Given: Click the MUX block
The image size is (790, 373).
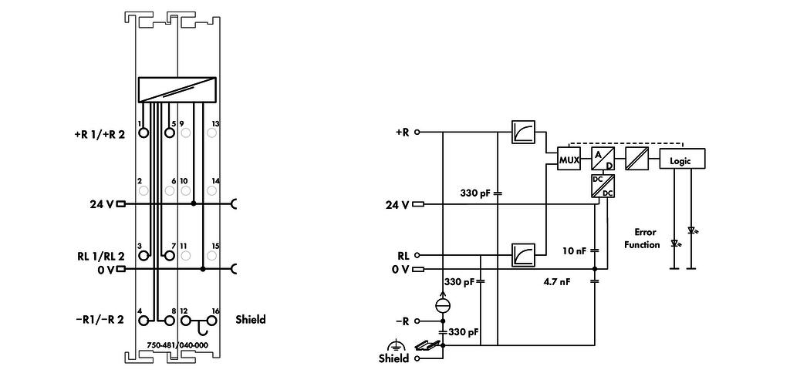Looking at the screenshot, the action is [x=569, y=160].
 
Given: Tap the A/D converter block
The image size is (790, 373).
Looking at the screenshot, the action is [x=603, y=160].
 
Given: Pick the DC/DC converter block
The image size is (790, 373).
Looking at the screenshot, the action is [x=603, y=186].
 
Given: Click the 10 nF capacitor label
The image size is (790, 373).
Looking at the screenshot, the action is [x=574, y=250].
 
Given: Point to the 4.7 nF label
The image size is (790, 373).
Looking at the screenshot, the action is [x=557, y=282].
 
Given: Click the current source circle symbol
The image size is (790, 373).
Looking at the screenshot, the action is [x=444, y=305].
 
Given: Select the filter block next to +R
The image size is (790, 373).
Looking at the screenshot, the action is [x=523, y=132].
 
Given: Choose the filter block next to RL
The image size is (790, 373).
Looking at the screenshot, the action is [x=523, y=254].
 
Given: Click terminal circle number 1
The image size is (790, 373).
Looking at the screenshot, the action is [x=143, y=133].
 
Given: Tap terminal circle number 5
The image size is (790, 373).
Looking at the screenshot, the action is [x=170, y=133].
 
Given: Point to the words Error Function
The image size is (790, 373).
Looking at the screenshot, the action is [x=642, y=239].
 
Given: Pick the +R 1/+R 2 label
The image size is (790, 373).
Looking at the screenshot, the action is [x=99, y=134].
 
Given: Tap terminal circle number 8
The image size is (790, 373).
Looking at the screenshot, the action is [x=170, y=320].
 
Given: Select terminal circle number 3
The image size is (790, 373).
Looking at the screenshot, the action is [x=143, y=256].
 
